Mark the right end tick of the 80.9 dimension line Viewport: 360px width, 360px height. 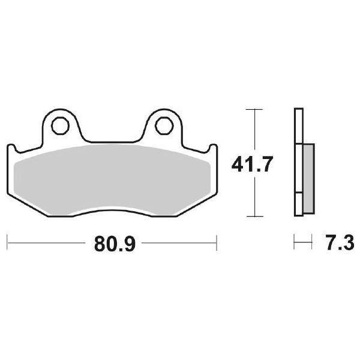(x=216, y=244)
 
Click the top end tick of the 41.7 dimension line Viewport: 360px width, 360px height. (x=255, y=109)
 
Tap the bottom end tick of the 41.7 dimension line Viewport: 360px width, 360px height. (x=255, y=216)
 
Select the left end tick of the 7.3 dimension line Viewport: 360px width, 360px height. (x=294, y=244)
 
